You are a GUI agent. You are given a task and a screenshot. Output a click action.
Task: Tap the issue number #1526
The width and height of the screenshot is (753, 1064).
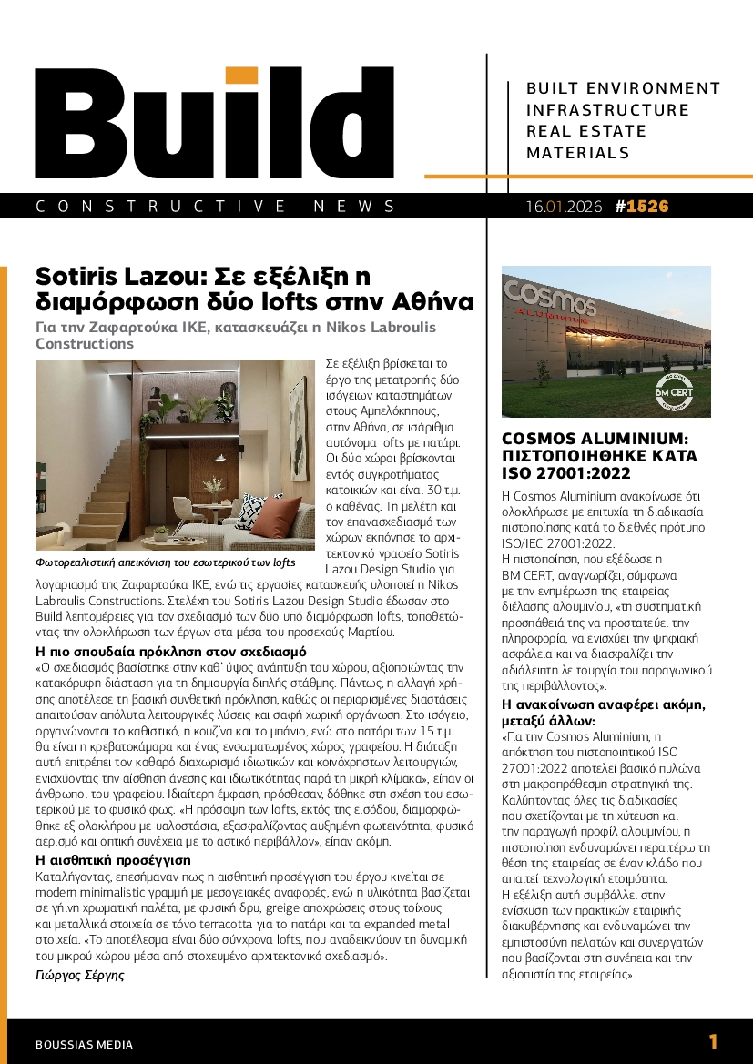click(642, 207)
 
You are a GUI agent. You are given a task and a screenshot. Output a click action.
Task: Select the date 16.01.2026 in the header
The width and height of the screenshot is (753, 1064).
click(564, 207)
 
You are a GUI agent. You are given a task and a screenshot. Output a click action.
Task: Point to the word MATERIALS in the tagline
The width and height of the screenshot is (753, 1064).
click(578, 153)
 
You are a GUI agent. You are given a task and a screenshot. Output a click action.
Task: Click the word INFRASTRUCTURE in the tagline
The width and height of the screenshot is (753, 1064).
click(608, 110)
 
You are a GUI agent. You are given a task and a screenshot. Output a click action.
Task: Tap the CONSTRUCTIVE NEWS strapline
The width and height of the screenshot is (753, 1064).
click(216, 207)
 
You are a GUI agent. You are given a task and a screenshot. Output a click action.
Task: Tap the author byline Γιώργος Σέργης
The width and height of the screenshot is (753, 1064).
click(79, 975)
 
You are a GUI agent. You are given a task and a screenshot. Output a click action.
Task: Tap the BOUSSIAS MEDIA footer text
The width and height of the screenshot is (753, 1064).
click(84, 1045)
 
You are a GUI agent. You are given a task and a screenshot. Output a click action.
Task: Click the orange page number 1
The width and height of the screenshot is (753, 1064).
click(713, 1042)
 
